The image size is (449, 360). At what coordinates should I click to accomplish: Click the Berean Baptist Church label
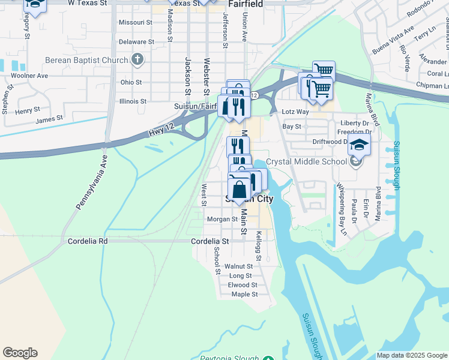pos(86,60)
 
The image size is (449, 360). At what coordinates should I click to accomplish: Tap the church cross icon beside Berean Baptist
pos(138,59)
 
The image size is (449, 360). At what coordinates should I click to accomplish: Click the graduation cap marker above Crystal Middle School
pos(359,146)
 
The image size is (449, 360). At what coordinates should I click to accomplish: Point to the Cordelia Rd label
pos(88,241)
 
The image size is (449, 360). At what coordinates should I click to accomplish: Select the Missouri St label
pos(136,22)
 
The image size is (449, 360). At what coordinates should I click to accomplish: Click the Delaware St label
pos(136,42)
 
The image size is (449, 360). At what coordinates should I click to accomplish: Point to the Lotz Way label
pos(295,112)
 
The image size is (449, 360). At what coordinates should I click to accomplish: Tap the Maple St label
pos(244,294)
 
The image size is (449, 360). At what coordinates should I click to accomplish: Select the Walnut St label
pos(238,266)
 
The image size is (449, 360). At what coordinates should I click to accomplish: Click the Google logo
pos(20,353)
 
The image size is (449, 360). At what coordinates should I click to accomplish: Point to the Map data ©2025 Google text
pos(411,355)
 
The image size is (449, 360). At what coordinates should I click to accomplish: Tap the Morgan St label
pos(223,219)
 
